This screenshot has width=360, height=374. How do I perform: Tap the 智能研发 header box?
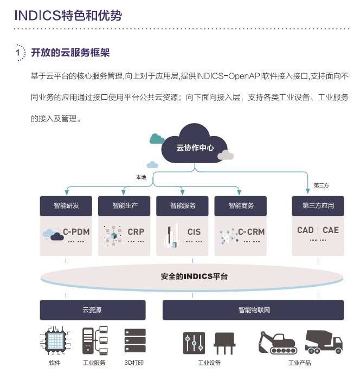[66, 206]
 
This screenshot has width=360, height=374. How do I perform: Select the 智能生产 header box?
[124, 206]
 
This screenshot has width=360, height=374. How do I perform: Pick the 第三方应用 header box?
[318, 206]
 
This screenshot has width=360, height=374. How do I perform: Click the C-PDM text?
[76, 232]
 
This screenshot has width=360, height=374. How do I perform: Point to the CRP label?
[136, 232]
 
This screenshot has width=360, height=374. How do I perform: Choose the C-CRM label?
[252, 232]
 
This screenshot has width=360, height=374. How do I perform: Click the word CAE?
[331, 230]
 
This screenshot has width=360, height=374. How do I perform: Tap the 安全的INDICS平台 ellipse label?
[194, 276]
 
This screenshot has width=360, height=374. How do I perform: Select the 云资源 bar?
[93, 310]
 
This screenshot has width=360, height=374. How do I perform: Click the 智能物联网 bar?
[253, 310]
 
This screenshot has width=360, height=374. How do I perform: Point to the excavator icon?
[278, 343]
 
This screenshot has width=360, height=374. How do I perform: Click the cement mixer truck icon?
[324, 342]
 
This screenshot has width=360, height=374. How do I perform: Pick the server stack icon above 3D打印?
[135, 340]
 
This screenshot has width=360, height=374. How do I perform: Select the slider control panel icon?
[194, 343]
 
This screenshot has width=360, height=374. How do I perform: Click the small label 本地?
[141, 177]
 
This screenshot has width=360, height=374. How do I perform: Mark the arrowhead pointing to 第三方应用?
[308, 191]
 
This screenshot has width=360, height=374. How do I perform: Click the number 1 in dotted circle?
[18, 52]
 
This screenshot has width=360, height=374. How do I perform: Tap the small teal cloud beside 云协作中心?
[157, 139]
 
